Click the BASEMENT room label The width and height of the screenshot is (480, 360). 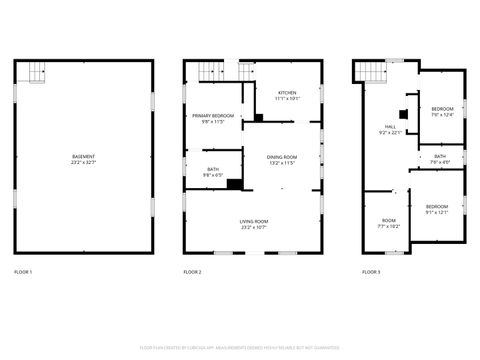pos(83,158)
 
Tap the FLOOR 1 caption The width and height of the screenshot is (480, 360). pos(23,272)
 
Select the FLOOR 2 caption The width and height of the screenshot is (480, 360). pos(192,272)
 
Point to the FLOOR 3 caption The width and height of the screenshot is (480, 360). pos(371,272)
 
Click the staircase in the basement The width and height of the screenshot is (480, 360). pos(37,72)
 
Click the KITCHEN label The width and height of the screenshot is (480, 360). pos(287,95)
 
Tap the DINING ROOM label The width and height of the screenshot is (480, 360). pos(281,160)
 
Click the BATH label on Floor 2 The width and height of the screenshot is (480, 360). pos(213,172)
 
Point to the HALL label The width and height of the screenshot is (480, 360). pos(390,130)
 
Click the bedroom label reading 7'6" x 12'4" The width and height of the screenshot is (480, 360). pos(442,111)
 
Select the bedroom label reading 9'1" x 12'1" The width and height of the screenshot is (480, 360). pos(437,209)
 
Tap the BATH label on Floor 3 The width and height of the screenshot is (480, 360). pos(440,159)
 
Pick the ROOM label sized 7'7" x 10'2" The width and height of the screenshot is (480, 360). pos(388,223)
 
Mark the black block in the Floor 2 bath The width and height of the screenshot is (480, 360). pos(235,183)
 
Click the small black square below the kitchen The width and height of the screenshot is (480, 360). pos(259,118)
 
